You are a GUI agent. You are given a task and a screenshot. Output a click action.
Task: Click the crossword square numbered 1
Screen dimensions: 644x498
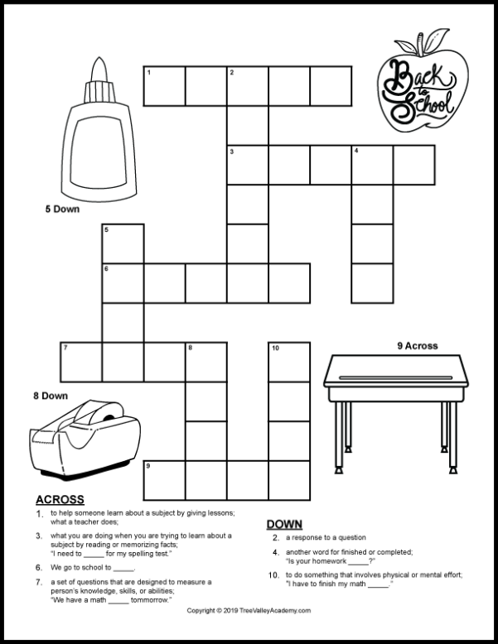tap(165, 87)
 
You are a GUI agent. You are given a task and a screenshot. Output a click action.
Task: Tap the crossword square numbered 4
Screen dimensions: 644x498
tap(372, 165)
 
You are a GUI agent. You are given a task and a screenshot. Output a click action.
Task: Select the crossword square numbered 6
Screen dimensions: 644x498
tap(123, 283)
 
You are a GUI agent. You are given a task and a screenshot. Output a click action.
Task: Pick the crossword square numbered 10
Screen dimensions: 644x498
tap(288, 362)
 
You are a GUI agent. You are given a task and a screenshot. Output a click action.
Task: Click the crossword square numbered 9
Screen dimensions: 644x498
tap(164, 480)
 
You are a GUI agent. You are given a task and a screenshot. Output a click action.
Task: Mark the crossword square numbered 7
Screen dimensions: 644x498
tap(81, 362)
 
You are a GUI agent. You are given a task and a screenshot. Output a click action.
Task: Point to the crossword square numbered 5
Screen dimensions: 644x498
tap(123, 243)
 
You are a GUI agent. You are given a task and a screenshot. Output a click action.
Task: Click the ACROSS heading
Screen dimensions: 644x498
tap(60, 499)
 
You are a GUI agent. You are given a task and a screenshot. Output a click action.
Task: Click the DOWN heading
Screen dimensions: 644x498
tap(283, 524)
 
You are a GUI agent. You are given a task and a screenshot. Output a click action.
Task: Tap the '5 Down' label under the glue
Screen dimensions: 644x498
tap(62, 209)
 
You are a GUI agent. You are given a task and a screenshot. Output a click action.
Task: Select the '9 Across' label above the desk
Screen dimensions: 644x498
tap(417, 345)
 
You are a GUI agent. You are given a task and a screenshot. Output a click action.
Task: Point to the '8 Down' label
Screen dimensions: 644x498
tap(51, 396)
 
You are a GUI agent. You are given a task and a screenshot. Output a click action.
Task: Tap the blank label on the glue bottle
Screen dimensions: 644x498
tap(98, 149)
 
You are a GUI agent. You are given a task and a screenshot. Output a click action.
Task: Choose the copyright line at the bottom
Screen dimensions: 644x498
tap(249, 611)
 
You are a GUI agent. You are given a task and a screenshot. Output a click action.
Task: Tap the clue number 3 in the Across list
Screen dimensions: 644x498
tap(39, 536)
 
